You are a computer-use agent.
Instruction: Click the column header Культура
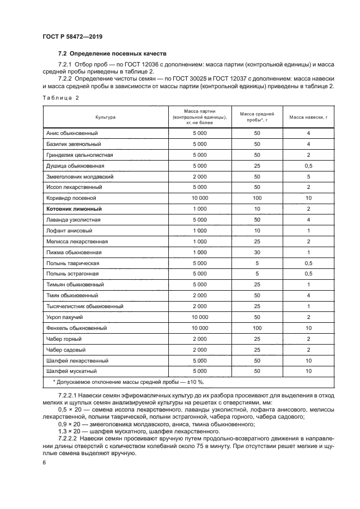pos(105,117)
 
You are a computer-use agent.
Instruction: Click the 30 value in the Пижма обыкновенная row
pos(257,252)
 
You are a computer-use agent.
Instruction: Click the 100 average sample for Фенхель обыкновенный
pos(257,328)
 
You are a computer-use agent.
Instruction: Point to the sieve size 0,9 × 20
pos(67,424)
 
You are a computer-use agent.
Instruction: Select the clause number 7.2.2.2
pos(70,438)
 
